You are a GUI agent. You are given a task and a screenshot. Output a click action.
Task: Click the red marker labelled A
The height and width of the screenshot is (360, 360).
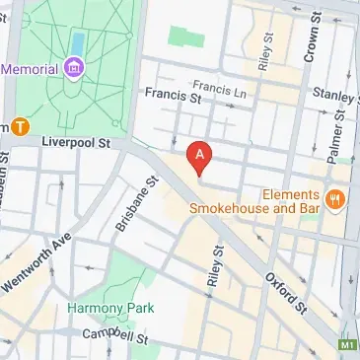pos(200,156)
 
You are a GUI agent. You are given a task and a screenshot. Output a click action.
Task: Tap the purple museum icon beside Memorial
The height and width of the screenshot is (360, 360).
pos(73,68)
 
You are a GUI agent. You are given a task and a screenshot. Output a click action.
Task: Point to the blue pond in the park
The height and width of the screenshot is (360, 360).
pos(77,42)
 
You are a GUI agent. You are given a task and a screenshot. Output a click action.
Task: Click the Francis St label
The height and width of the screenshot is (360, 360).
pos(171,96)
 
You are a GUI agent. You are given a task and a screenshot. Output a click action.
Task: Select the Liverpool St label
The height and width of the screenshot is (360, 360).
pos(75,142)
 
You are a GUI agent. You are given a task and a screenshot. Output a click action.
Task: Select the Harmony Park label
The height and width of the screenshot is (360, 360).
pos(110,308)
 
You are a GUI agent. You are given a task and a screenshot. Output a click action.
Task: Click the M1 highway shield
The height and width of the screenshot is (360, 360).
pos(347,345)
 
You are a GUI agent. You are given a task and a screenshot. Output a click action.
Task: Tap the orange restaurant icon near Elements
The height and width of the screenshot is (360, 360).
pos(335,200)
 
